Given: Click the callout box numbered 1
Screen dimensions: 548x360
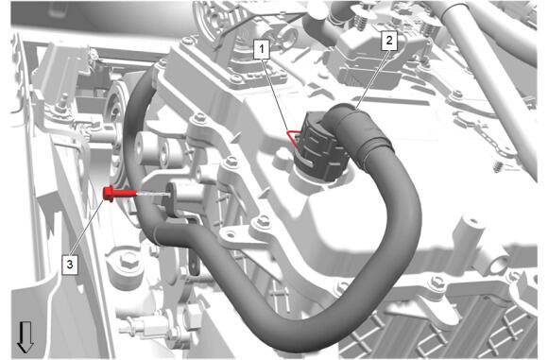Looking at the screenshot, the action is pyautogui.click(x=262, y=49).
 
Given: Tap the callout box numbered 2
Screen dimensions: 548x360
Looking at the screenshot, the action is pyautogui.click(x=389, y=41).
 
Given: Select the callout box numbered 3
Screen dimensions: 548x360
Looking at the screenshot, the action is pyautogui.click(x=70, y=264).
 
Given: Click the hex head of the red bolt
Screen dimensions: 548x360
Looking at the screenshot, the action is pyautogui.click(x=108, y=194).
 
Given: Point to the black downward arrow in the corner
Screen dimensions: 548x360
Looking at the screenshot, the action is pyautogui.click(x=26, y=337).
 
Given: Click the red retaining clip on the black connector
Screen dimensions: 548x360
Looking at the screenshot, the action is pyautogui.click(x=294, y=137).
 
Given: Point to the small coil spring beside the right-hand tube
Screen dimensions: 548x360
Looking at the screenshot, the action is pyautogui.click(x=498, y=166).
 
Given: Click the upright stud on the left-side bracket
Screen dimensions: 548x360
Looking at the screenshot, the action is pyautogui.click(x=63, y=100).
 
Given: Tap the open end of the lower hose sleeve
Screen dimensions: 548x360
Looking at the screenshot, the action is pyautogui.click(x=158, y=234).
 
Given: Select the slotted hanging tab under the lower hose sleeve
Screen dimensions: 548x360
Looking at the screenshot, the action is pyautogui.click(x=195, y=262).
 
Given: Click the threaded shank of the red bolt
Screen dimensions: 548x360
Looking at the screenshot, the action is pyautogui.click(x=125, y=194).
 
